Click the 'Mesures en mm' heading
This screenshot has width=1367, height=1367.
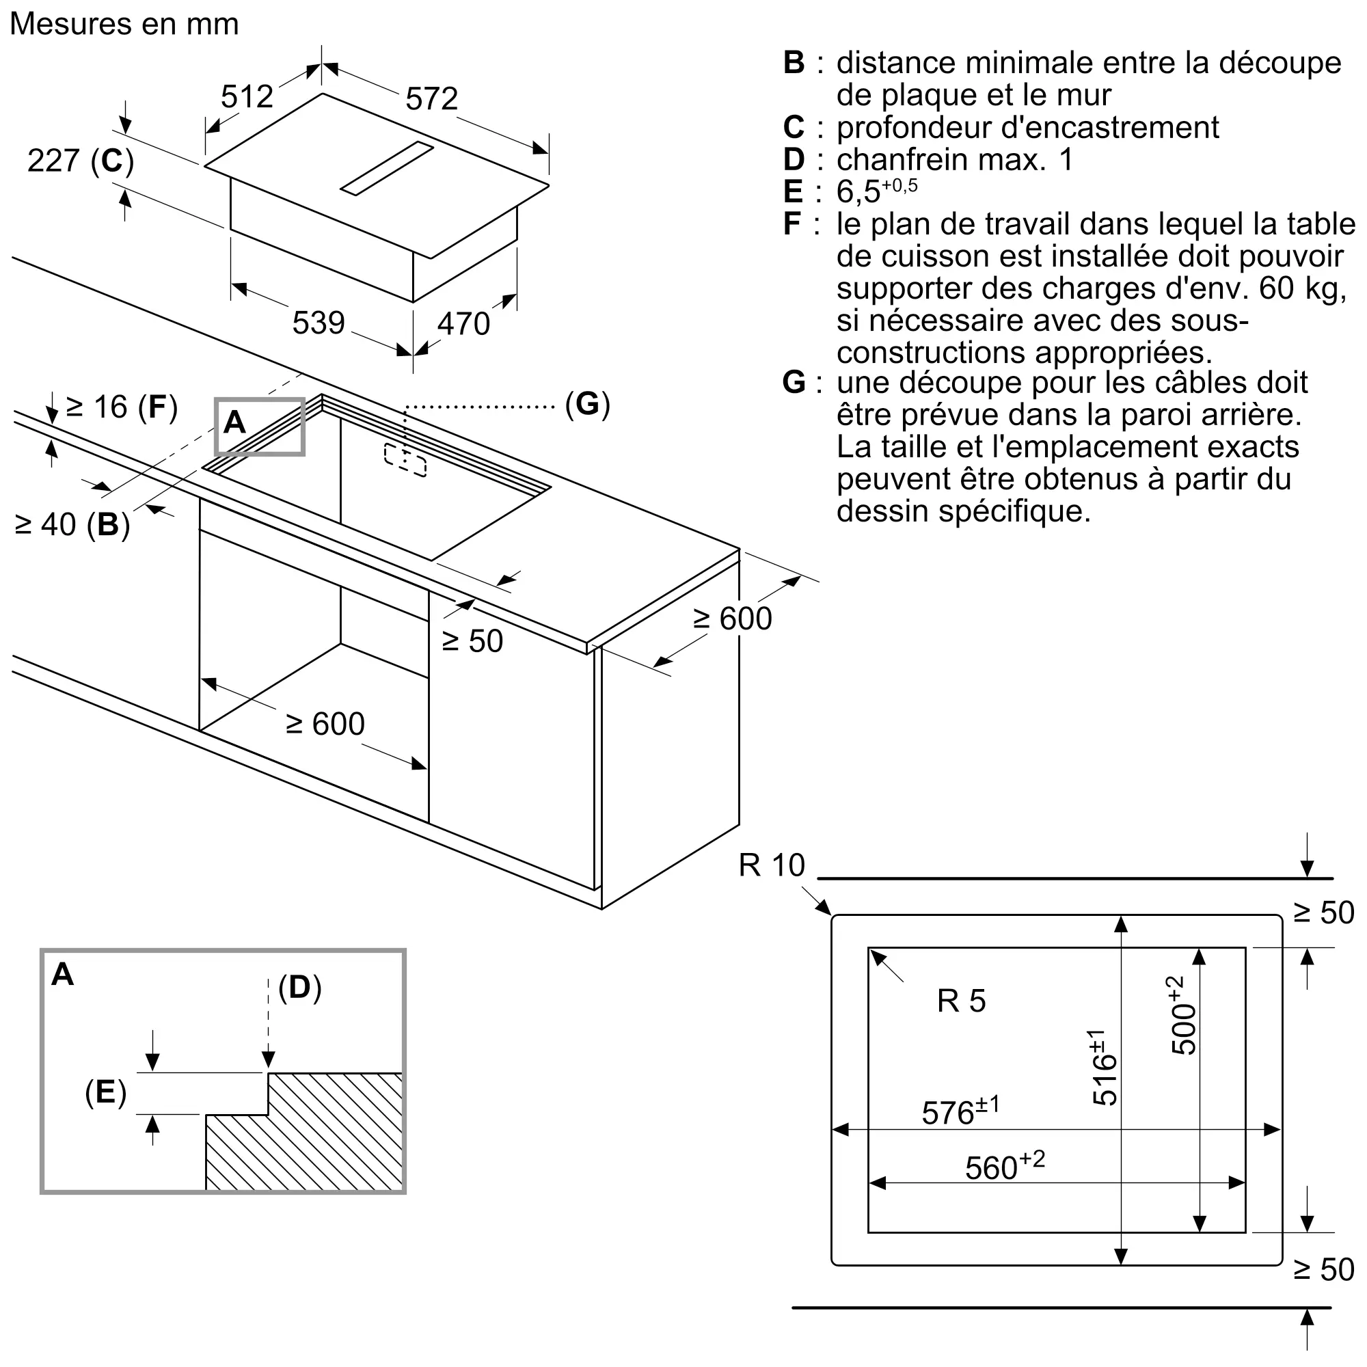(x=124, y=24)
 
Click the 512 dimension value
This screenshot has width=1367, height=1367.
(x=247, y=96)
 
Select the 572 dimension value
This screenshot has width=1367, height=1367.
(x=431, y=99)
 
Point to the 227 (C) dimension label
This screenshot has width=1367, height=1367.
(x=80, y=161)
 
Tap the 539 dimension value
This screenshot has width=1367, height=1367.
(x=319, y=323)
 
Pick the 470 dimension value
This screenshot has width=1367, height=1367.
(x=463, y=324)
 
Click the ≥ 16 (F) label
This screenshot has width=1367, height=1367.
(x=121, y=407)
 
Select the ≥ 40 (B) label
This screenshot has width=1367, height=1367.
(x=72, y=525)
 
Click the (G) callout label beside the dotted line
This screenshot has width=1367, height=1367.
(x=587, y=404)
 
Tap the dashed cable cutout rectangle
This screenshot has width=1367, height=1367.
(x=405, y=460)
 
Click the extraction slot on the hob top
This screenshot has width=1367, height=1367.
(x=386, y=167)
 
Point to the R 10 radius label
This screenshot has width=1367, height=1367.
(x=771, y=865)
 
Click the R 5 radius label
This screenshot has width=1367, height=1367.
(x=961, y=1001)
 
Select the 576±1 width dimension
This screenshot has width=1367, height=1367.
(x=960, y=1111)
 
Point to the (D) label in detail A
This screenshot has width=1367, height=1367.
(x=300, y=988)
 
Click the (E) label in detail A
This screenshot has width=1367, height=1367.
(x=105, y=1092)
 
